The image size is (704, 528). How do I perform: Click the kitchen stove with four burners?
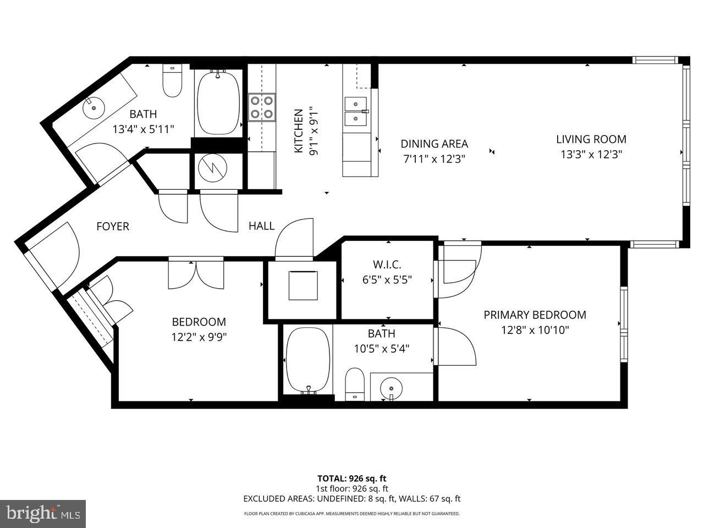click(262, 107)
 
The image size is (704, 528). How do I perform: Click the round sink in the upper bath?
click(93, 107)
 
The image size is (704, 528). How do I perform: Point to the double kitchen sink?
click(356, 111)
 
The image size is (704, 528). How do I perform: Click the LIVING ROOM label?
click(591, 139)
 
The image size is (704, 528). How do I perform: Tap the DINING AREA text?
click(434, 144)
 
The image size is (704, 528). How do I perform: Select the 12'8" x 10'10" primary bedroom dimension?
click(535, 330)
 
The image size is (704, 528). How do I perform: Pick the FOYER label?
click(113, 226)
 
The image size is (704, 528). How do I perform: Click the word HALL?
click(261, 226)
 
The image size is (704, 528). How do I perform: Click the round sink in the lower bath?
click(391, 387)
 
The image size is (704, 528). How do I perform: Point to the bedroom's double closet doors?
click(196, 273)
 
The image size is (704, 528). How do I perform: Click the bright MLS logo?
click(42, 514)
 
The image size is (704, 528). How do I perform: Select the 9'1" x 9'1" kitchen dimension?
click(313, 131)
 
